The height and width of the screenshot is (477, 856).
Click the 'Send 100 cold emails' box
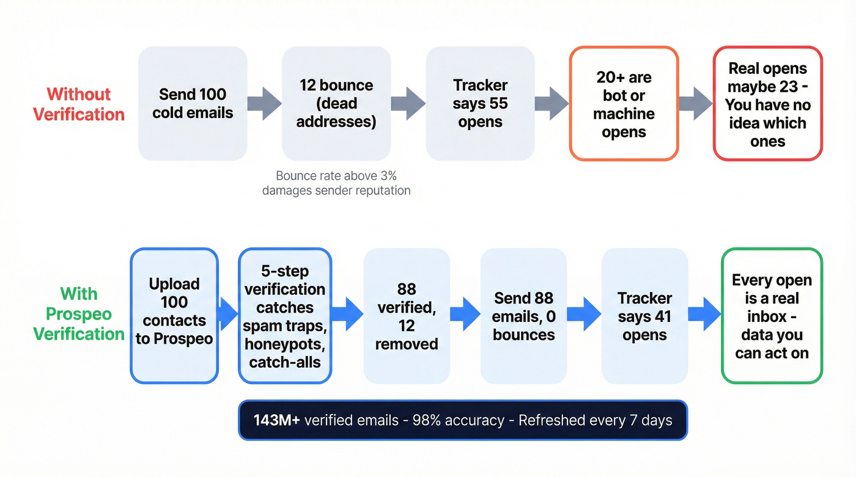click(193, 103)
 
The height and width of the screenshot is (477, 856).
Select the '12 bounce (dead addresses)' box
click(336, 103)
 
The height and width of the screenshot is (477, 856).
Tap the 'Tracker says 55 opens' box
click(480, 103)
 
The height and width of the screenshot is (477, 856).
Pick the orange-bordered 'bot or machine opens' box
click(624, 104)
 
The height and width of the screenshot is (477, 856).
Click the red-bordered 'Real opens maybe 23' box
click(768, 104)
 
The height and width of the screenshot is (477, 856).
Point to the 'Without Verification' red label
click(79, 104)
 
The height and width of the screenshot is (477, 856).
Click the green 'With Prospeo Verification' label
click(79, 314)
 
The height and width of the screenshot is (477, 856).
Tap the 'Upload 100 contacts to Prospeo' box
click(174, 316)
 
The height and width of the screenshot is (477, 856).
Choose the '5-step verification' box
click(285, 316)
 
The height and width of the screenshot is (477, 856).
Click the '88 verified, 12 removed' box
click(407, 316)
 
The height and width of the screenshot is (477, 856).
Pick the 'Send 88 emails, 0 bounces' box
click(523, 316)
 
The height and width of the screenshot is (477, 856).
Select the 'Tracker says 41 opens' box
click(644, 316)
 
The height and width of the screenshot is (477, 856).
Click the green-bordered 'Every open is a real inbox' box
click(772, 316)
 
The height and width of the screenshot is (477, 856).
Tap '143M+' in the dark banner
click(276, 420)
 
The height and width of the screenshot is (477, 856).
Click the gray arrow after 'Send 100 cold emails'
click(264, 103)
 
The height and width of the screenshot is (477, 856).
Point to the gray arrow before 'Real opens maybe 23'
click(695, 103)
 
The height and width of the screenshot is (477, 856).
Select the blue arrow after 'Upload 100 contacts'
click(227, 315)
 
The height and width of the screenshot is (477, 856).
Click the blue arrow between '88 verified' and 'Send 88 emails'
click(465, 315)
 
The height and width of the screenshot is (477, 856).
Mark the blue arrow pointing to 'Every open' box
click(704, 315)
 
